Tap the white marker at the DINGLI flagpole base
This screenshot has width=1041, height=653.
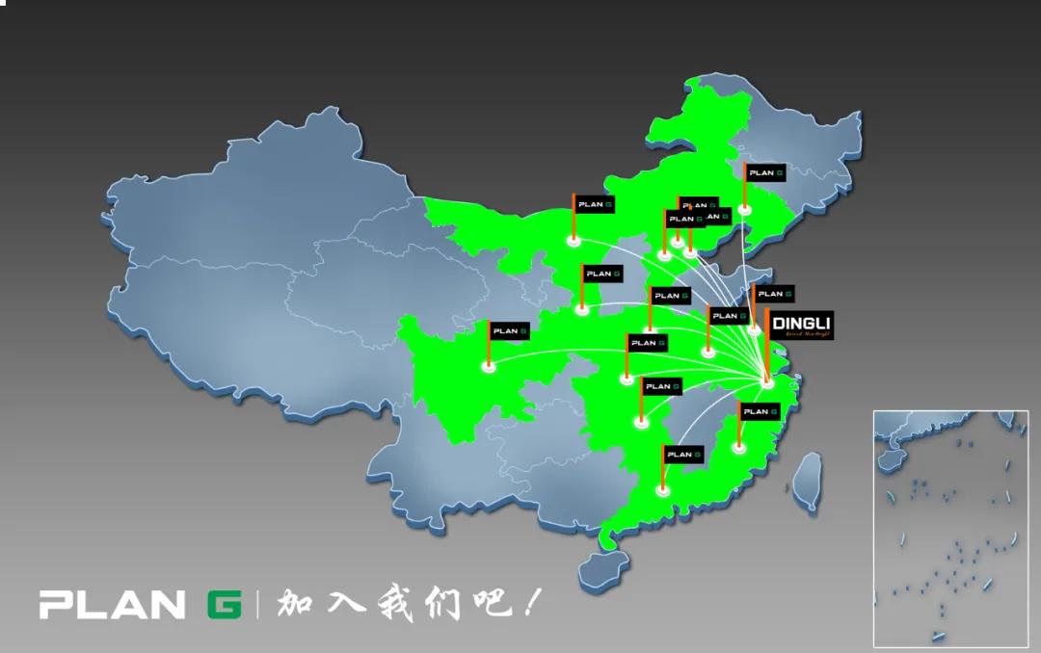click(767, 384)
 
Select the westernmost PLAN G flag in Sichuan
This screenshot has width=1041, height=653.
click(510, 331)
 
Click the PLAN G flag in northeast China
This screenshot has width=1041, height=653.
click(765, 173)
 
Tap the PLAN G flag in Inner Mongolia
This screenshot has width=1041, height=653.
click(595, 204)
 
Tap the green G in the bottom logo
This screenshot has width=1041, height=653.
click(225, 605)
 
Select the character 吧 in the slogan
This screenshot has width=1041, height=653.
click(488, 604)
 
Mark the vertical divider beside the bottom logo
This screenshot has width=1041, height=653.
click(257, 605)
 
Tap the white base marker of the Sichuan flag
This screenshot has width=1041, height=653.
click(489, 367)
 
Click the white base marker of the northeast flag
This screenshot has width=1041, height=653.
click(745, 209)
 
